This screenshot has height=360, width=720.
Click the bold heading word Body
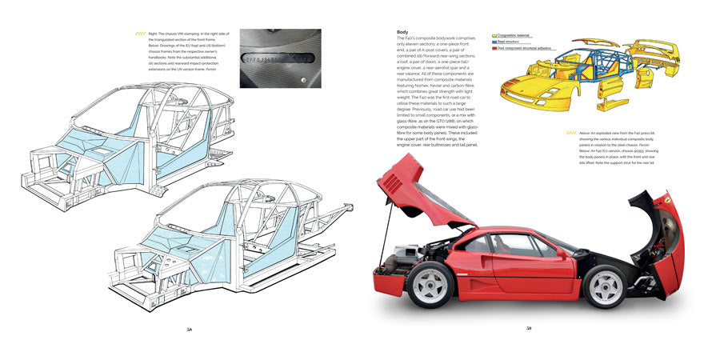tap(402, 33)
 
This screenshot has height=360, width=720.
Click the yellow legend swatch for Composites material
tap(494, 36)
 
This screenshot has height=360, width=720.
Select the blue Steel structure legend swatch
tap(494, 42)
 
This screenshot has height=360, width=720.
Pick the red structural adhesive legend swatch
tap(494, 47)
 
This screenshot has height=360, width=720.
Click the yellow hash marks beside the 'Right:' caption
tap(142, 34)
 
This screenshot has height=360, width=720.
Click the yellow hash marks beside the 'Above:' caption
tap(570, 133)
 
